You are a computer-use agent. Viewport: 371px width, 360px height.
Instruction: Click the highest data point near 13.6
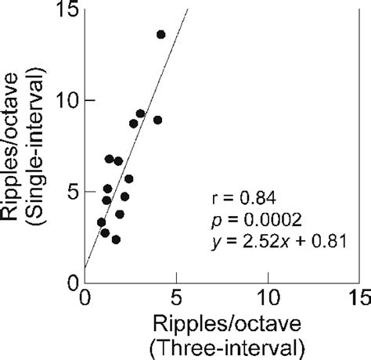pos(160,34)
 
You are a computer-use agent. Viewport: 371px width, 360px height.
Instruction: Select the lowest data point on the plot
pos(116,239)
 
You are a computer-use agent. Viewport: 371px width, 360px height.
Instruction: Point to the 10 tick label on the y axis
pos(63,101)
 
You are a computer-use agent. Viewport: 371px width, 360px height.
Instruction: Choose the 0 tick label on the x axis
pos(85,300)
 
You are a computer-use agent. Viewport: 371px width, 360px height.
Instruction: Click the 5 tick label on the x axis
pos(176,300)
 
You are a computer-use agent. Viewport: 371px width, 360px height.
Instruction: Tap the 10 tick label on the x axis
pos(268,300)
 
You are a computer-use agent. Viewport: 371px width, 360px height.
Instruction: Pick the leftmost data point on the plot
pos(101,222)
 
